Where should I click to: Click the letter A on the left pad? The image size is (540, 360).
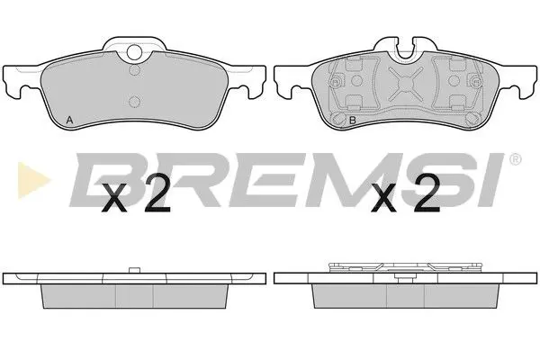[70, 119]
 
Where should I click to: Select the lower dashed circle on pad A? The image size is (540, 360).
[134, 102]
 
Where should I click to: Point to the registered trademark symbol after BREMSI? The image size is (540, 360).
[514, 159]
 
